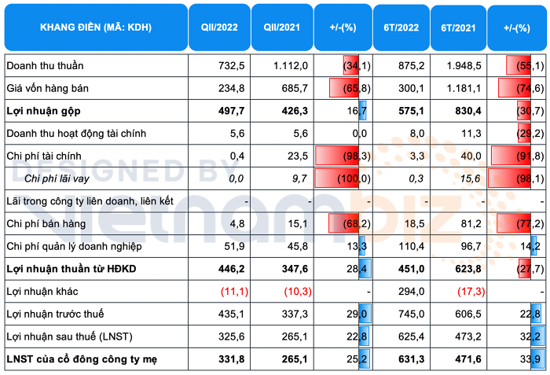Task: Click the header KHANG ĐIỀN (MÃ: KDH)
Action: (96, 28)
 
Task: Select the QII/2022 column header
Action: (220, 28)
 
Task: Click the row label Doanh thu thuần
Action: (44, 65)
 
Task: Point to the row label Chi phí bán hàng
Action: (48, 224)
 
